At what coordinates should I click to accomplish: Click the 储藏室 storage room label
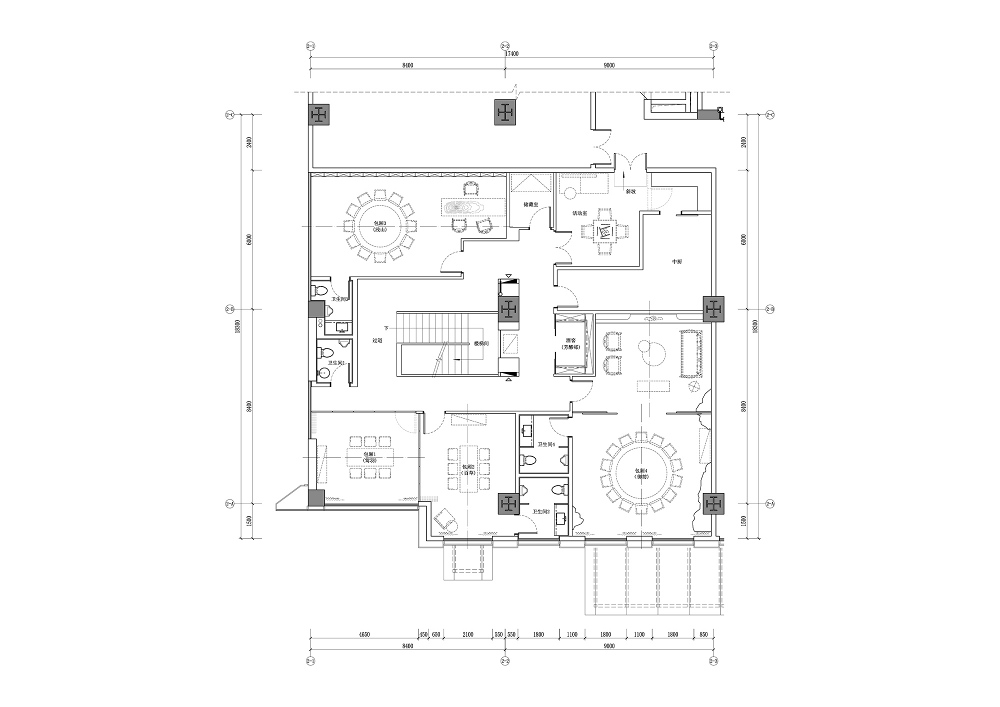(530, 204)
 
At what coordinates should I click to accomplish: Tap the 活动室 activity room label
(579, 213)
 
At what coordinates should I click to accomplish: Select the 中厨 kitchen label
(677, 261)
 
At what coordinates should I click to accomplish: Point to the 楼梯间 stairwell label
(481, 343)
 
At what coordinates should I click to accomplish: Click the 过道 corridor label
(377, 340)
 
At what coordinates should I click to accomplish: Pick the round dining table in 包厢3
(380, 226)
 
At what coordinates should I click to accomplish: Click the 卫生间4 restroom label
(545, 444)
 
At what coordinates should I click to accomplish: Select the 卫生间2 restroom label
(541, 511)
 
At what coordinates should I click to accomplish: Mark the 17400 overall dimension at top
(511, 53)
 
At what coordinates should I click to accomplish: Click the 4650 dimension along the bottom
(364, 634)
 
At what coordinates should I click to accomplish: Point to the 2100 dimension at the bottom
(467, 634)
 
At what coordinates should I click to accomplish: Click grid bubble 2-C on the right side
(770, 115)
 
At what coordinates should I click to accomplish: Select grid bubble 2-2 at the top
(505, 46)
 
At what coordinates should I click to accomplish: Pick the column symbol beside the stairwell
(509, 310)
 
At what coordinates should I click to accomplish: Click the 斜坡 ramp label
(630, 191)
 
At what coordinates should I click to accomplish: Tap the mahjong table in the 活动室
(605, 232)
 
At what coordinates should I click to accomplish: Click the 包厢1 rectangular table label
(370, 457)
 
